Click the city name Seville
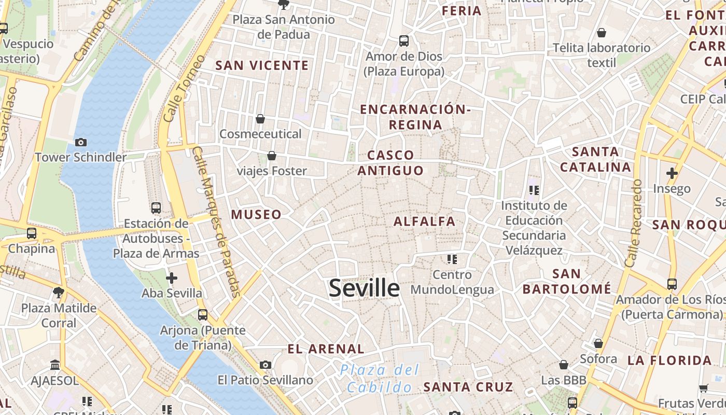[x=364, y=288]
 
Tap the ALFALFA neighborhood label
[x=424, y=222]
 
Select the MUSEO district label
[x=256, y=214]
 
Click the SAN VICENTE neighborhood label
[x=262, y=65]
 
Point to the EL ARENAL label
[x=326, y=349]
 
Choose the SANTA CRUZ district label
[x=468, y=386]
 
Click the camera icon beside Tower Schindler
[x=81, y=142]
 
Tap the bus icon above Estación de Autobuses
[x=156, y=208]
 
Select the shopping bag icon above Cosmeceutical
[x=260, y=119]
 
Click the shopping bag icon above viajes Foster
[x=271, y=155]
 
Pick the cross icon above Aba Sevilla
[x=172, y=278]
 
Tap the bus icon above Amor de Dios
[x=404, y=40]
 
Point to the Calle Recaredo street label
[x=634, y=223]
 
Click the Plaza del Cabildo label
[x=380, y=378]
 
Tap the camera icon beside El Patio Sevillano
[x=266, y=365]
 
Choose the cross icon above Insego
[x=672, y=173]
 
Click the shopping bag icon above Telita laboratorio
[x=602, y=33]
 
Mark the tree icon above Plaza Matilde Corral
[x=59, y=293]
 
